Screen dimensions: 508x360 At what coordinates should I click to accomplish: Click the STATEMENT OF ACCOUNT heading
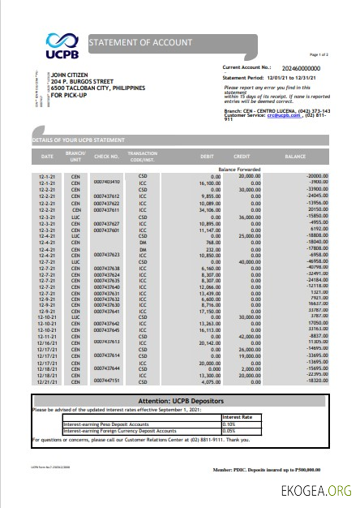click(x=141, y=41)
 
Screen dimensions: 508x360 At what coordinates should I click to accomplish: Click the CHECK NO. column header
click(x=106, y=155)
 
